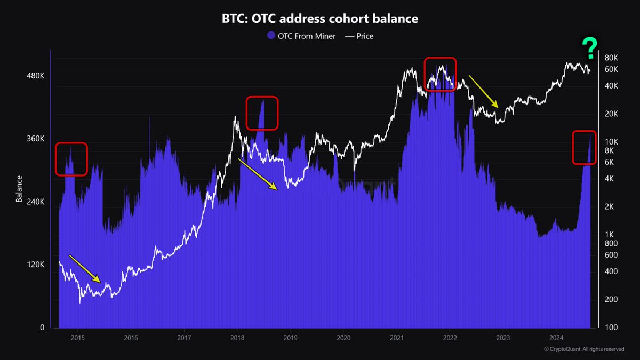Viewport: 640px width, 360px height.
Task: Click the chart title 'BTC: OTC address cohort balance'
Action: point(320,19)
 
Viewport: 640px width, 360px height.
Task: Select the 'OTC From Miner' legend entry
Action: point(301,36)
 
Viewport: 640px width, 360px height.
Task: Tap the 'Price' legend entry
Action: point(359,36)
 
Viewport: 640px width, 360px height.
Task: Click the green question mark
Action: point(589,49)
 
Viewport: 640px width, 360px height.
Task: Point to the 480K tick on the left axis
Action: point(35,76)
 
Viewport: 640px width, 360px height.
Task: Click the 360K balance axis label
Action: point(35,139)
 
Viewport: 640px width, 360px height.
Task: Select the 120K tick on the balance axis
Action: point(35,265)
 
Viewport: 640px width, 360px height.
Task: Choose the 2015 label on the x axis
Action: point(78,337)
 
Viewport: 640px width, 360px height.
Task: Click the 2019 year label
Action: point(290,337)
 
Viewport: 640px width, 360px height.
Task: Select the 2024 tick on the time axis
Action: point(556,337)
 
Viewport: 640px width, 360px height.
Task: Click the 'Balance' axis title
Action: point(19,189)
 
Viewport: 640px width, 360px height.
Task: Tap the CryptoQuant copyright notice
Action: point(583,349)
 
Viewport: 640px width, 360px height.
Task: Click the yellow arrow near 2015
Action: point(84,268)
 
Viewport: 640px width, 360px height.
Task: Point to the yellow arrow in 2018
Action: point(258,174)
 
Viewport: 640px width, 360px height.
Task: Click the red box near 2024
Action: point(584,147)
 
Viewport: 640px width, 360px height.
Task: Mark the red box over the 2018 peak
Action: point(262,113)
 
